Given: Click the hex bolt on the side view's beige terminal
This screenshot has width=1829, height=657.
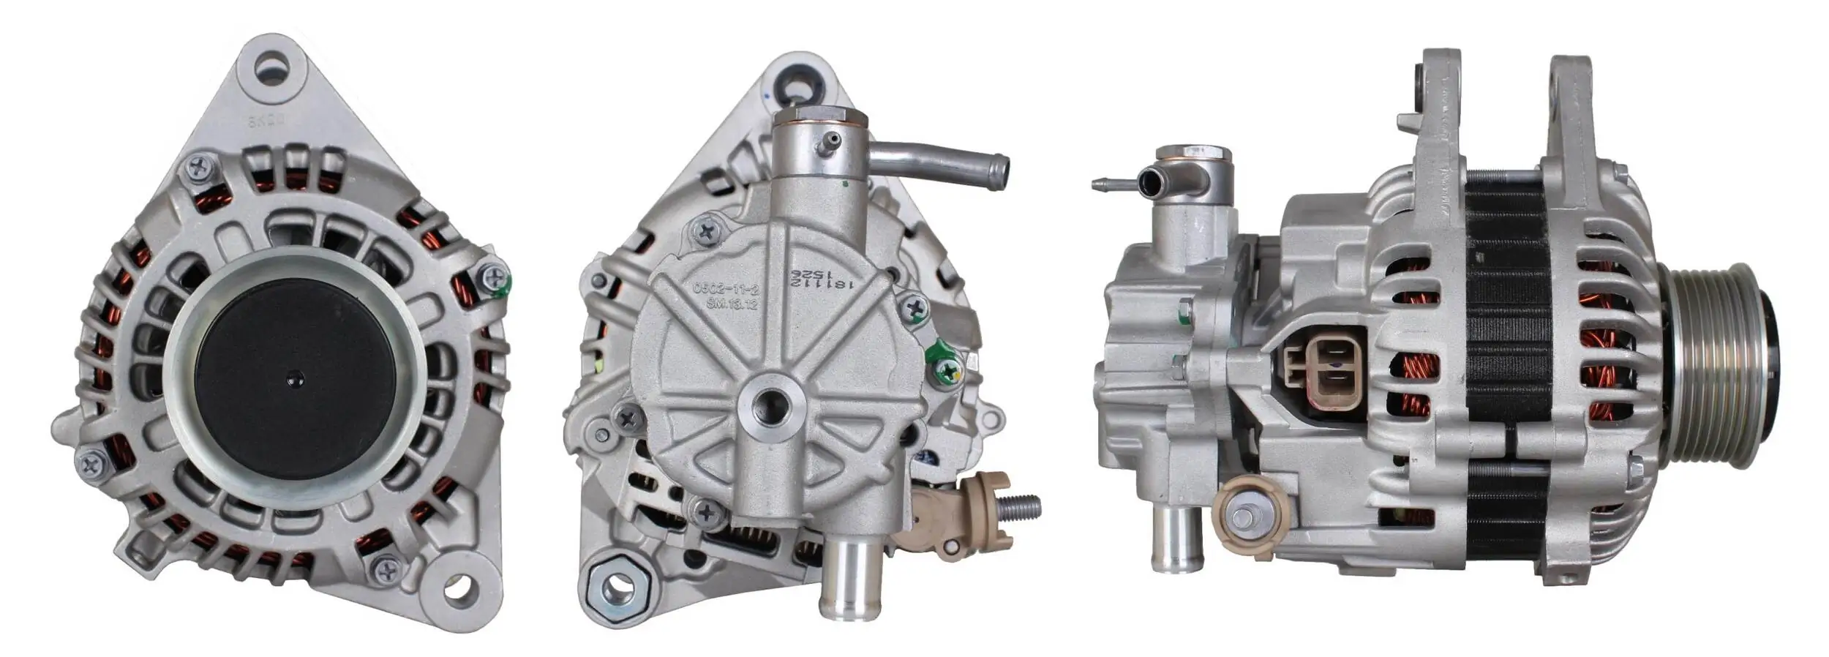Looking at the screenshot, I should tap(1243, 519).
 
